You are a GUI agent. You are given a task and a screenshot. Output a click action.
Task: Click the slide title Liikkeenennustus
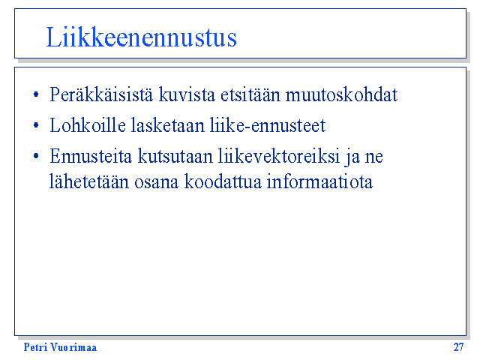point(141,37)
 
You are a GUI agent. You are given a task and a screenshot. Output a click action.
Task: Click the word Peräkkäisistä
point(101,94)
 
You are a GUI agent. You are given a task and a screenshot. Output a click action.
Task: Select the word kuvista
point(187,94)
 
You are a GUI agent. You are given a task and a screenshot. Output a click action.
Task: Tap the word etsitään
point(250,94)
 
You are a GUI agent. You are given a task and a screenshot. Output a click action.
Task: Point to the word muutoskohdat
point(342,94)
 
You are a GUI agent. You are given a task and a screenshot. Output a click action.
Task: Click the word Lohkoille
point(88,125)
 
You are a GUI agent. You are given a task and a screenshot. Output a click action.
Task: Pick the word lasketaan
point(168,125)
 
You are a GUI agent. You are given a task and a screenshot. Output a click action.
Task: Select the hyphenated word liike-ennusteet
point(268,125)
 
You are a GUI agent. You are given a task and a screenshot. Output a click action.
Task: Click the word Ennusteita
point(91,156)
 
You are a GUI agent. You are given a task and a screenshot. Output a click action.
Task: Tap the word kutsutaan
point(175,156)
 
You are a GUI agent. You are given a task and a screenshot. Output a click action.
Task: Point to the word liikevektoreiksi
point(279,156)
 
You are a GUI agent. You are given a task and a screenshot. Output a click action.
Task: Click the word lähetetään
point(89,181)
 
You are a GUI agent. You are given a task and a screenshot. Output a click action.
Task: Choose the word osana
point(157,183)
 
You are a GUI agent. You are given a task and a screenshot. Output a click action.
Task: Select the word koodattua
point(223,181)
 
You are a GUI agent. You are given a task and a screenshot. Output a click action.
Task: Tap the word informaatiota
point(319,181)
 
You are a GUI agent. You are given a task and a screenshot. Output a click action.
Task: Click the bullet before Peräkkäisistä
point(36,94)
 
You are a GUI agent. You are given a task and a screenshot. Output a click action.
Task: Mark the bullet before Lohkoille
point(36,125)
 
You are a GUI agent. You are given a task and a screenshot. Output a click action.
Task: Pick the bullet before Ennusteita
point(36,156)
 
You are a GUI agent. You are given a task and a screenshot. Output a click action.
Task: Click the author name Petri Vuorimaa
point(60,347)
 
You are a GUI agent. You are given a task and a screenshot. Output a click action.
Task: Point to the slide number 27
point(458,347)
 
